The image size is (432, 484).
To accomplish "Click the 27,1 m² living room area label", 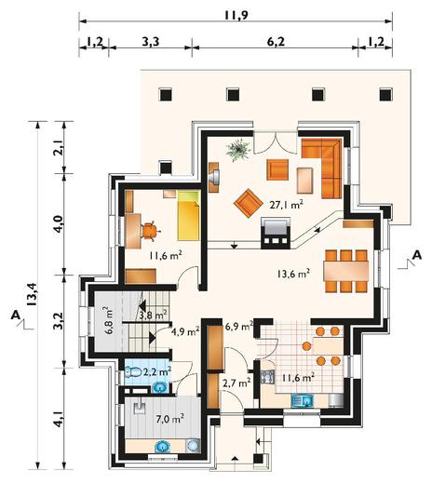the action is coord(286,205).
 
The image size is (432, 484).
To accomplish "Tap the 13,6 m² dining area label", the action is coord(293,274).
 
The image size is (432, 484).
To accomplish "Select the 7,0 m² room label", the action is coord(169,419).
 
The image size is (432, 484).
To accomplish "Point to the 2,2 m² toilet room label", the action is coord(157,371).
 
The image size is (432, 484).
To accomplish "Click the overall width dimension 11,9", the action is coord(236,15).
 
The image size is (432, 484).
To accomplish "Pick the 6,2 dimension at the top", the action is coord(276,42).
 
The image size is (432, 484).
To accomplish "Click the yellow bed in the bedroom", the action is coord(188,216).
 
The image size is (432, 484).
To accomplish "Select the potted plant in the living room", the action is coord(238,150).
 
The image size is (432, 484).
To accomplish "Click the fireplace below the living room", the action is coord(276,233).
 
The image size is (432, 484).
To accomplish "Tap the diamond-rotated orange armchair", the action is coord(247,204).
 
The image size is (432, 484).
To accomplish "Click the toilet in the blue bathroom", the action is coord(133,371).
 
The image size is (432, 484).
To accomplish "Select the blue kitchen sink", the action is coord(302,401).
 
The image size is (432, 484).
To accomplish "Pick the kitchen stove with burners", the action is coord(267,377).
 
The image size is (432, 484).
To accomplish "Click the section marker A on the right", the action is coord(417,255).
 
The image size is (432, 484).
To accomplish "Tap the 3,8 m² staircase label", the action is coord(153,316).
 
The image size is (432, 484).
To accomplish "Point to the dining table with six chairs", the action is coord(346,271).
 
